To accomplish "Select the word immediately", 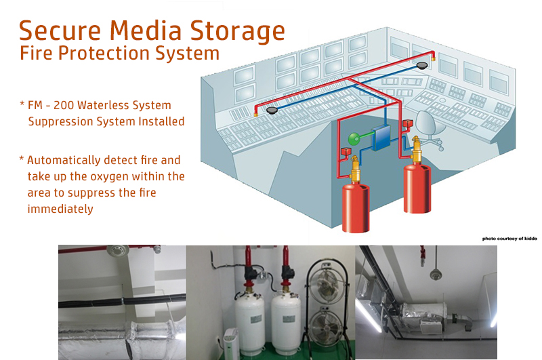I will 60,209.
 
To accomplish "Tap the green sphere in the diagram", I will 354,139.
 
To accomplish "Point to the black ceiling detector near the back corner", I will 423,65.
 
